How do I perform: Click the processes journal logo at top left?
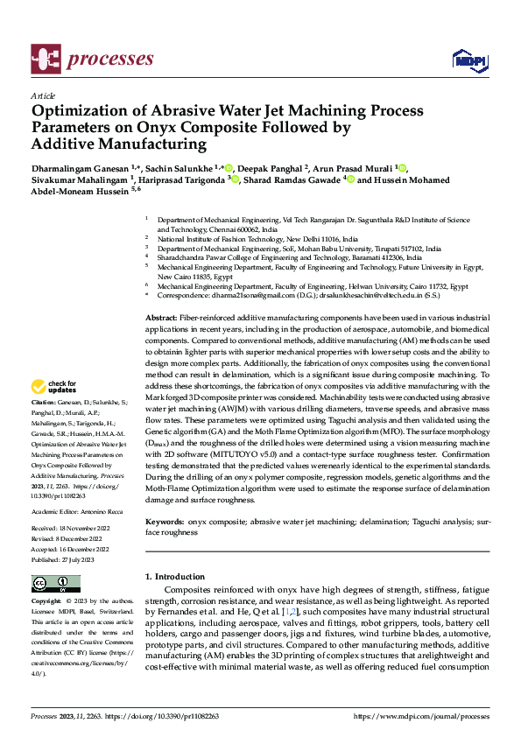pos(92,59)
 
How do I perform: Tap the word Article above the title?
pos(43,95)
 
